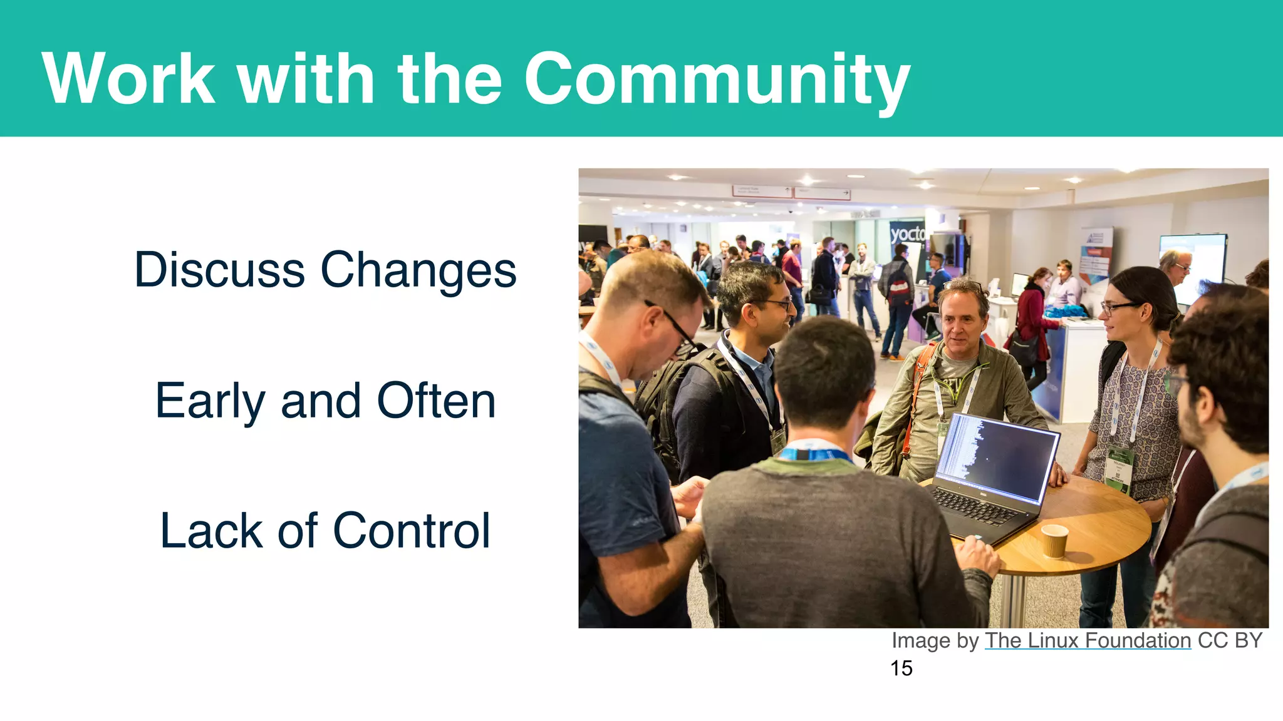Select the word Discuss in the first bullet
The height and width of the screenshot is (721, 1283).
coord(219,270)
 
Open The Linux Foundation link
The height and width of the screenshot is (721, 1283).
coord(1088,640)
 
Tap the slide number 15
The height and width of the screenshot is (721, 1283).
coord(901,668)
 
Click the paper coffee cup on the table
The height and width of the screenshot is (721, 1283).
coord(1054,539)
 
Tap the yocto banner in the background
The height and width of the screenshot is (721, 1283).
coord(906,235)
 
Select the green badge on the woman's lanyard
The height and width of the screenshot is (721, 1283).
coord(1119,468)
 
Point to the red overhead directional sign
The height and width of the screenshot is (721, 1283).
coord(791,192)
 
